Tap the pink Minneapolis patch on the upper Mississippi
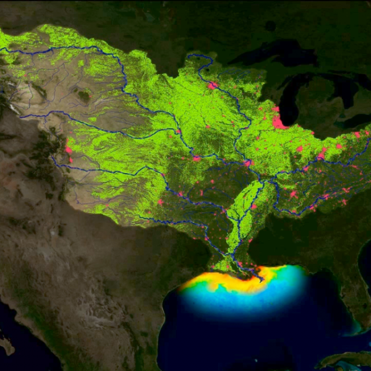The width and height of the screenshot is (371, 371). tap(213, 85)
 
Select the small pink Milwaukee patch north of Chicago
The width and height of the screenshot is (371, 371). tap(275, 109)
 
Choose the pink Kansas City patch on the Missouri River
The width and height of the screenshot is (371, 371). tap(197, 158)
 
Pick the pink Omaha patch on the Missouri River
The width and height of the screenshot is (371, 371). tap(177, 131)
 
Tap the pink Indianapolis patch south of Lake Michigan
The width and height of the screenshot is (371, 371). tap(299, 148)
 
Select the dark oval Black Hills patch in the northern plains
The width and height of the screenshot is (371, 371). tap(83, 96)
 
